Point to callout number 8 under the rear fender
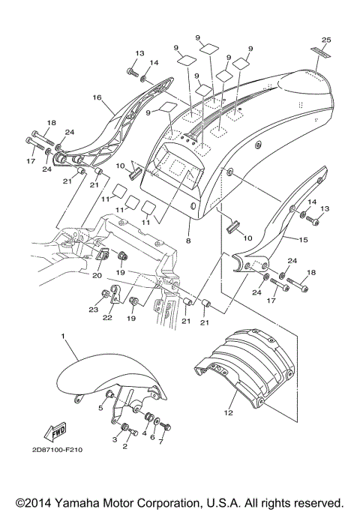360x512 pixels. coord(188,242)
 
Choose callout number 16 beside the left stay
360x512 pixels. coord(97,97)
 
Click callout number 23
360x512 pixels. coord(94,310)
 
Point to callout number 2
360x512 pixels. coord(124,447)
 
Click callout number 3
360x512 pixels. coord(115,439)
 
